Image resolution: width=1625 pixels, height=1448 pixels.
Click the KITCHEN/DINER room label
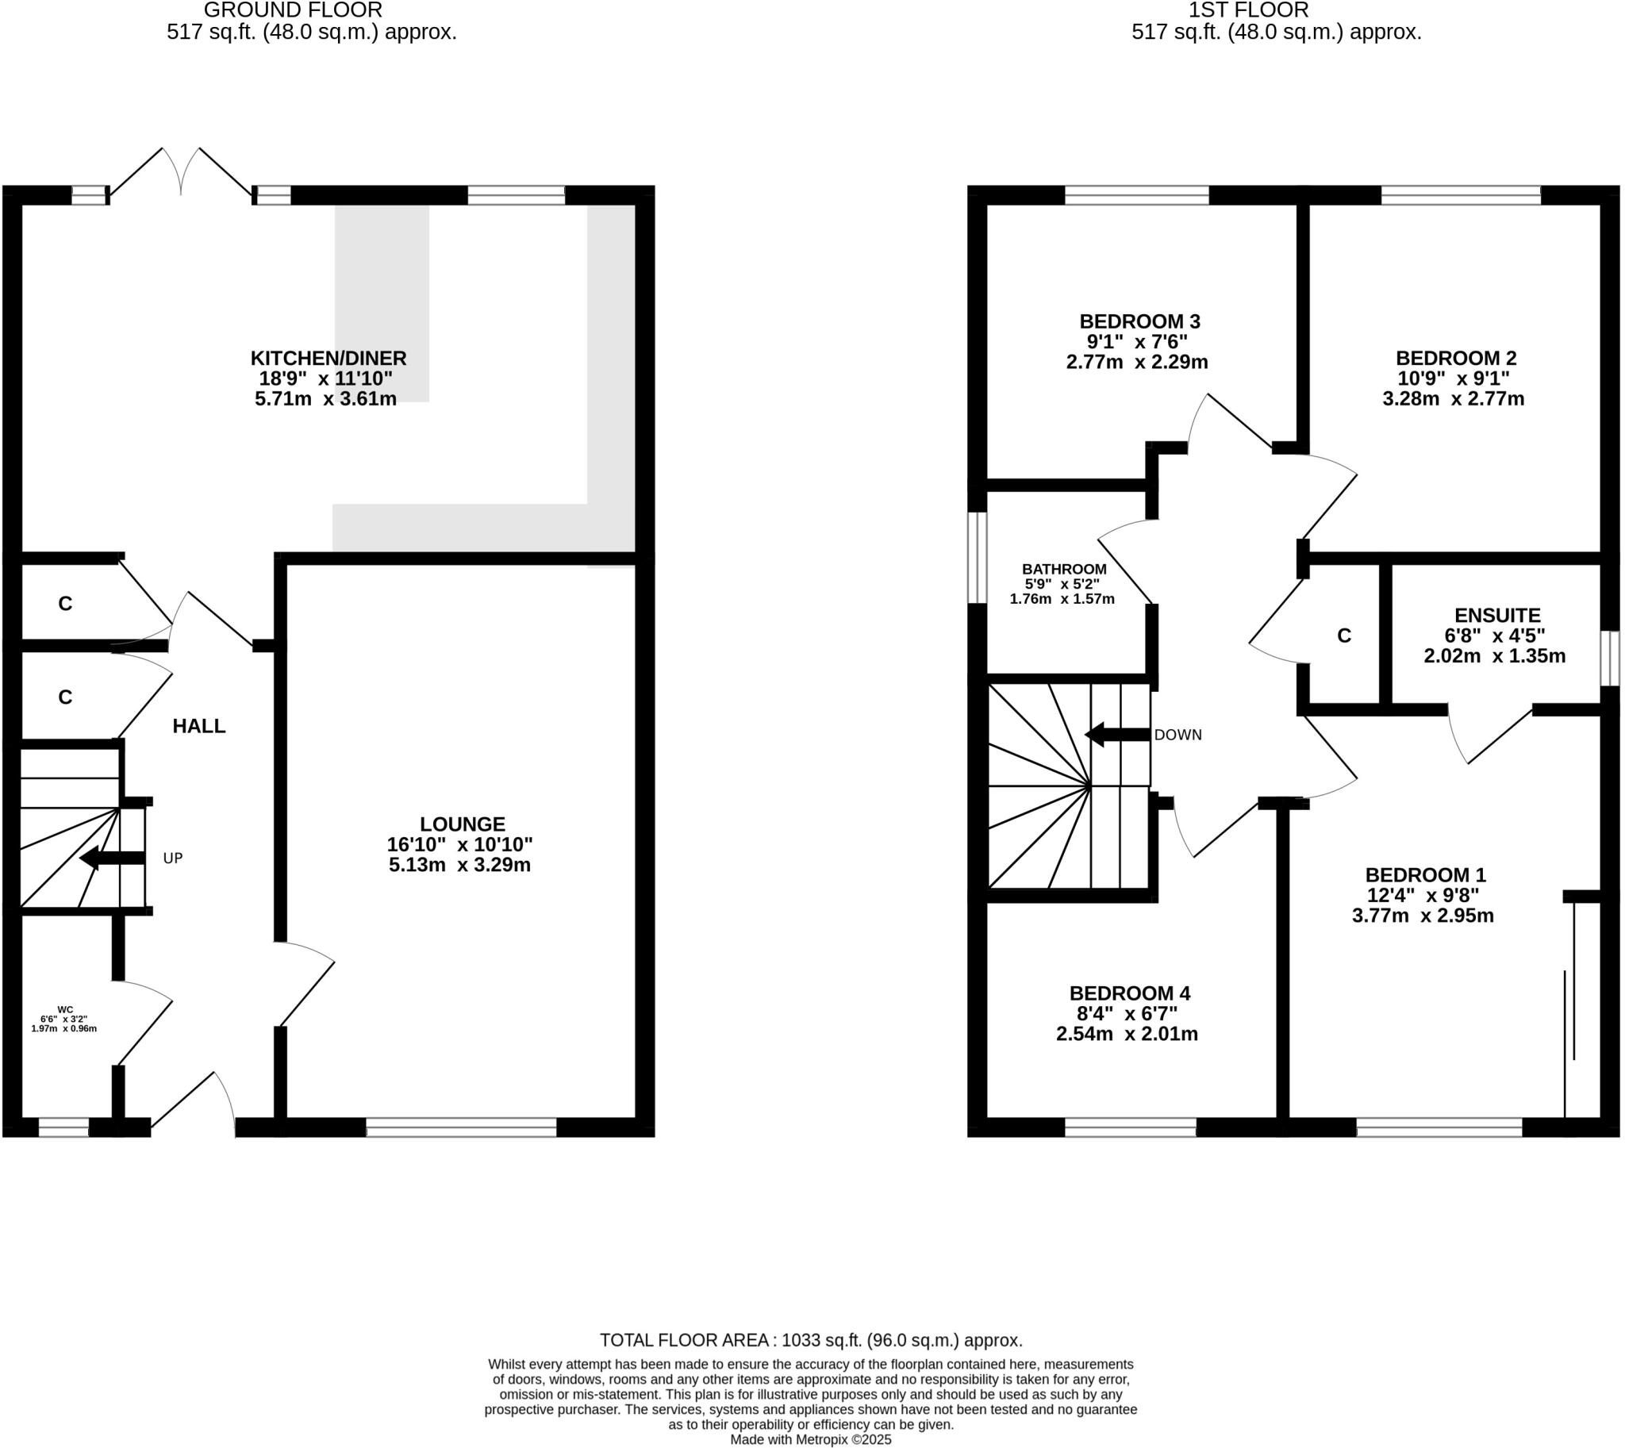click(x=328, y=358)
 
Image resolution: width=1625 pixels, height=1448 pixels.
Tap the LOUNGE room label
click(x=463, y=824)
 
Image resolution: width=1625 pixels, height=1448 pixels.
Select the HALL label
click(x=199, y=726)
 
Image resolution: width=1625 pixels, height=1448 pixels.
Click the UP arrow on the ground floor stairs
click(x=112, y=858)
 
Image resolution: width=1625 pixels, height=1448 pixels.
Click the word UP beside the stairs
click(x=173, y=858)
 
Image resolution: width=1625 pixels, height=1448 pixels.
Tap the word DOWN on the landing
click(x=1177, y=736)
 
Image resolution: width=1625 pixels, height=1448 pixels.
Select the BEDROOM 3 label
click(x=1139, y=321)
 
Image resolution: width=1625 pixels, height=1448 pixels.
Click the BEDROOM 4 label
click(x=1129, y=993)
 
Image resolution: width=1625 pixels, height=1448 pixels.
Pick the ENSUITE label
click(x=1498, y=615)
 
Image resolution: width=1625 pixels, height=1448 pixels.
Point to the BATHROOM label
click(x=1064, y=569)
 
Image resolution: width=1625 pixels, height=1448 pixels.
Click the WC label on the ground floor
click(x=65, y=1009)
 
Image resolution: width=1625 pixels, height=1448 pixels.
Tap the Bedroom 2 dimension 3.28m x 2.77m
click(x=1453, y=398)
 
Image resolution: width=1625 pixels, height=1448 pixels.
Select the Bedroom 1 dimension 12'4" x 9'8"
click(x=1423, y=895)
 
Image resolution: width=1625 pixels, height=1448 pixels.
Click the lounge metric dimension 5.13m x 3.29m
click(x=460, y=865)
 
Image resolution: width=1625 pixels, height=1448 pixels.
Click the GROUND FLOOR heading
click(x=293, y=10)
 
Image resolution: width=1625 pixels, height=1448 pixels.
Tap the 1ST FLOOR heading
click(x=1248, y=10)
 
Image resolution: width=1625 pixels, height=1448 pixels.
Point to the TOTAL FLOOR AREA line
click(x=811, y=1340)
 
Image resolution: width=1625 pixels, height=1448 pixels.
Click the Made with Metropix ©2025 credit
click(x=811, y=1439)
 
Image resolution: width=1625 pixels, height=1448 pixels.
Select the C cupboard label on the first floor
click(x=1344, y=636)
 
